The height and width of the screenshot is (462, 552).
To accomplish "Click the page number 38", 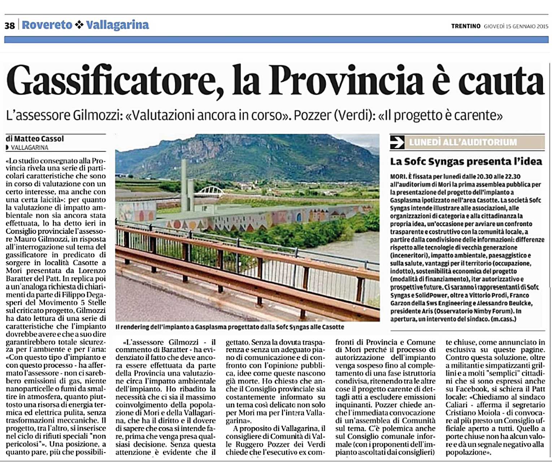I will (x=10, y=25).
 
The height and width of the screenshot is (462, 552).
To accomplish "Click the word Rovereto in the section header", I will (x=47, y=25).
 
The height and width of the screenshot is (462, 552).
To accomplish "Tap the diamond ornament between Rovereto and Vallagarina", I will (x=79, y=25).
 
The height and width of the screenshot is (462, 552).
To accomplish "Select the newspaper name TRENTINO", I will (x=466, y=26).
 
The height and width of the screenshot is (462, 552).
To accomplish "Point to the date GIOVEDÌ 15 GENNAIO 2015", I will (x=516, y=26).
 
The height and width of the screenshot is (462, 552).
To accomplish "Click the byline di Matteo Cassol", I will (x=35, y=139).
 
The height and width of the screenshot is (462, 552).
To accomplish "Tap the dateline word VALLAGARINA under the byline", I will (x=30, y=147).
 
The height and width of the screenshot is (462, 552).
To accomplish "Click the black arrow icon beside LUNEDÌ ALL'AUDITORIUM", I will (x=397, y=142).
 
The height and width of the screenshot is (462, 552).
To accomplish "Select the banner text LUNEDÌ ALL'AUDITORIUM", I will (x=463, y=142).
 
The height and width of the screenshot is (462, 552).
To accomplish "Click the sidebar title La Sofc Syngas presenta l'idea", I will (x=466, y=161).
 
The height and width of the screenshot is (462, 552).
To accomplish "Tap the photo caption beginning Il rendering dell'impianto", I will (x=230, y=327).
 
